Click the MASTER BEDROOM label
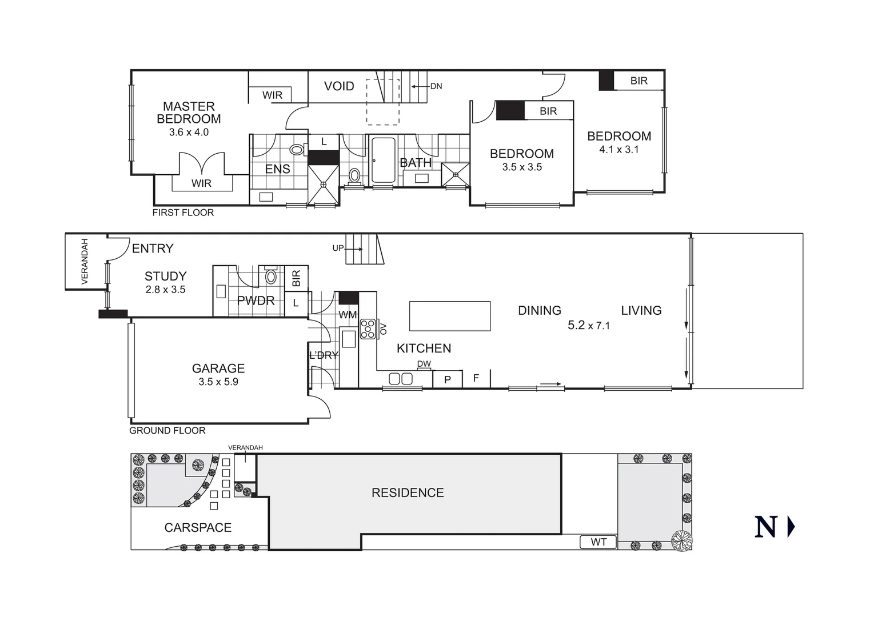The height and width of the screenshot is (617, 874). [x=189, y=113]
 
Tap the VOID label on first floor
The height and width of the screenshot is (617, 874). [x=339, y=86]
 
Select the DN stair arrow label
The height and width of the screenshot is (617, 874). [x=436, y=86]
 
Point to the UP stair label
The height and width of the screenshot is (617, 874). [x=338, y=249]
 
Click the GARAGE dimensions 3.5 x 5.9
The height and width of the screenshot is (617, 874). [x=218, y=382]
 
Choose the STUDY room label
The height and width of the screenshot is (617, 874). [x=165, y=277]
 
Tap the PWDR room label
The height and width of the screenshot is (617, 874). [x=256, y=301]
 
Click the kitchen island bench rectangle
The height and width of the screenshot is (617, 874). [x=450, y=316]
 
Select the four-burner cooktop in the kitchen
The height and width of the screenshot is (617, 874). [x=367, y=330]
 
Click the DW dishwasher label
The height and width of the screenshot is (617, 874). [x=424, y=364]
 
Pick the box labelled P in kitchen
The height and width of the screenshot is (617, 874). [x=448, y=379]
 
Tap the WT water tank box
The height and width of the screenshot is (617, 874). [x=598, y=542]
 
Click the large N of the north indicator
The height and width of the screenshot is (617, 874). [x=765, y=527]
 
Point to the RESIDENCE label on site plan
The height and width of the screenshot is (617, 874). [x=408, y=492]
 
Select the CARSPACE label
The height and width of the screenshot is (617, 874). [x=198, y=527]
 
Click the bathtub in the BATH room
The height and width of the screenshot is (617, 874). [x=382, y=161]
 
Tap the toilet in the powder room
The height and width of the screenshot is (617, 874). [x=271, y=277]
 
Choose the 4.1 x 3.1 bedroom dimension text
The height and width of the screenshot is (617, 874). [x=618, y=150]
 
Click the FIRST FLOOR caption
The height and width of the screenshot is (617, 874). [x=183, y=213]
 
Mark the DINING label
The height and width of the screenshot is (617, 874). [x=539, y=310]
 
